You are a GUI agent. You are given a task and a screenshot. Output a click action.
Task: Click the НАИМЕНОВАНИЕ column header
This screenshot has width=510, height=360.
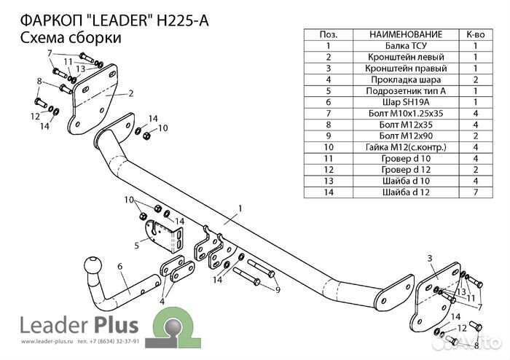(405, 34)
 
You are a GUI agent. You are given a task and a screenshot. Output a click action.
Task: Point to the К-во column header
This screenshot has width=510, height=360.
(475, 34)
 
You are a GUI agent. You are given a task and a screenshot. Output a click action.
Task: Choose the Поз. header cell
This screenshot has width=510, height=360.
(329, 34)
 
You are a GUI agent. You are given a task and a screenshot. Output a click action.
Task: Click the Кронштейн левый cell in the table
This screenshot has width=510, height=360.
(405, 57)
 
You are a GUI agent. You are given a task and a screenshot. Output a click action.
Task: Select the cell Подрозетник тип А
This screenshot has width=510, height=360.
(405, 91)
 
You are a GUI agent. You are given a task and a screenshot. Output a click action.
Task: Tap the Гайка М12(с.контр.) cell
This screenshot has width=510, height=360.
(405, 147)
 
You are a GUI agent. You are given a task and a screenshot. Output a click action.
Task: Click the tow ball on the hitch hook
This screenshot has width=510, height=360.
(95, 265)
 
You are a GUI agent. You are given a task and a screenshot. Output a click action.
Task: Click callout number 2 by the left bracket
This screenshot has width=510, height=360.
(130, 93)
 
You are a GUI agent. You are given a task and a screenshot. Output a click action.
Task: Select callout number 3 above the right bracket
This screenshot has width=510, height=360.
(430, 259)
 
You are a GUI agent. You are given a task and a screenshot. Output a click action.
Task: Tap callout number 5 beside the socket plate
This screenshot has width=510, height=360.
(136, 246)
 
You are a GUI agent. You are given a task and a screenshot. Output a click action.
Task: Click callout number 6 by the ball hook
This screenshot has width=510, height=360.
(119, 267)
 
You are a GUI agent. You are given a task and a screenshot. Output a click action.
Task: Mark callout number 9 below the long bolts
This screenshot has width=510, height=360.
(278, 290)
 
